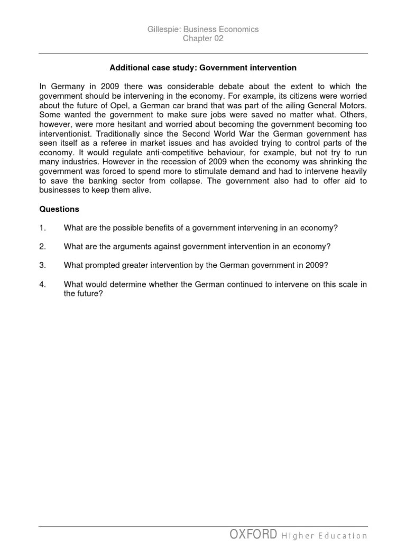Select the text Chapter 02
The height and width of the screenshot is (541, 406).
point(203,39)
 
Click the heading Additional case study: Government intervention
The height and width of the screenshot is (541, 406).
point(203,68)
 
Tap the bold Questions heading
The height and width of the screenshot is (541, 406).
point(59,209)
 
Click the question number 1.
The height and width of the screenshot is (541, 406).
point(43,228)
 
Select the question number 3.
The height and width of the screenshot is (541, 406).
point(43,265)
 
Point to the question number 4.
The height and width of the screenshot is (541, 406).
point(43,284)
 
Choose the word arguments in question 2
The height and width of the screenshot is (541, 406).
point(154,247)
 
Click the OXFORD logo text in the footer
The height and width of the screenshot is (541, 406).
point(253,534)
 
